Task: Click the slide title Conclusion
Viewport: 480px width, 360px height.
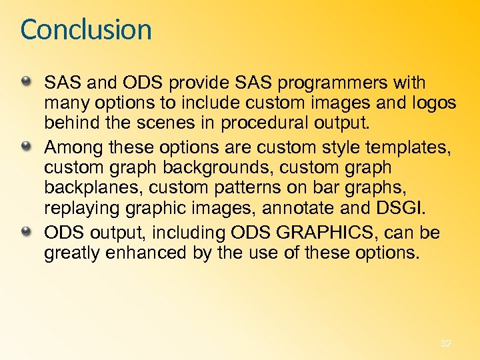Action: click(x=86, y=30)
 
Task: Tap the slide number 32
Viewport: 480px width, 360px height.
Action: click(x=446, y=343)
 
